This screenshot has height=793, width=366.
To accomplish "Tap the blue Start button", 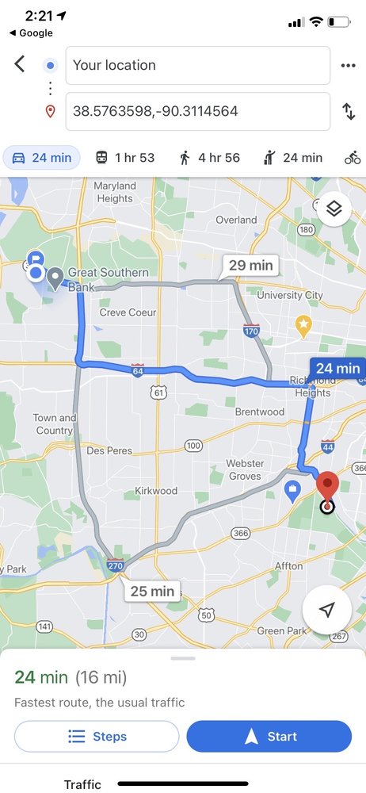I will click(269, 737).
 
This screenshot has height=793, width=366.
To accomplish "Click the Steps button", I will click(97, 737).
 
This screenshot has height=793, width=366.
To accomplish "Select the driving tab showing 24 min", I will click(42, 158).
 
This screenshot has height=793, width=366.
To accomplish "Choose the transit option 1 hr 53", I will click(124, 158).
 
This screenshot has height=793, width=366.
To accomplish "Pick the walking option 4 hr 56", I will click(209, 158).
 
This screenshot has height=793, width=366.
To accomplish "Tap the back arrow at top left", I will click(20, 64).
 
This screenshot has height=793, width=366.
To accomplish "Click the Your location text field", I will click(197, 65).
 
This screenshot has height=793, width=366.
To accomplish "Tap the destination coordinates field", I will click(197, 111).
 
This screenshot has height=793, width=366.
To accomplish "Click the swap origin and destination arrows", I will click(349, 111).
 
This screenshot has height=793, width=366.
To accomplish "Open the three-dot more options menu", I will click(349, 65).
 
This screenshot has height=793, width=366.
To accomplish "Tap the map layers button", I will click(334, 209).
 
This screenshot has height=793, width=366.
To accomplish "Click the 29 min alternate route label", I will click(250, 265).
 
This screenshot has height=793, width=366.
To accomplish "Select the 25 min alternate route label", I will click(151, 591).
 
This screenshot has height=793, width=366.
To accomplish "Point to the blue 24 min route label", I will click(337, 369).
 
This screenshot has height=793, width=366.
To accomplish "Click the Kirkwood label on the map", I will click(156, 491).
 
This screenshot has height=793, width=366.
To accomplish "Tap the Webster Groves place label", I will click(244, 469).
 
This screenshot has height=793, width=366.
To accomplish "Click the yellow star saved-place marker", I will click(303, 324).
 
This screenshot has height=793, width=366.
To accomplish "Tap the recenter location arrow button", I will click(326, 609).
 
